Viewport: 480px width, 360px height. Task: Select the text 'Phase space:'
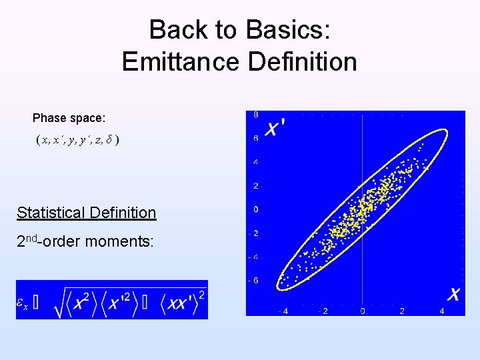[69, 118]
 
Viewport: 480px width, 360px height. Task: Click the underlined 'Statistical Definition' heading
[86, 213]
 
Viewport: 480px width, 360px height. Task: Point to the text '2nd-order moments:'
[85, 241]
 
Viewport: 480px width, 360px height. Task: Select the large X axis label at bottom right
[453, 294]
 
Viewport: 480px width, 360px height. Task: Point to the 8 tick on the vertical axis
[256, 115]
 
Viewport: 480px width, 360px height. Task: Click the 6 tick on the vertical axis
[256, 139]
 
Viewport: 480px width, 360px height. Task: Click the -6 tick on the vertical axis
[255, 281]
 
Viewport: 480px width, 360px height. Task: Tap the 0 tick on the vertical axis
[256, 209]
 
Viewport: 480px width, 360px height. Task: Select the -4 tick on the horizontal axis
[283, 311]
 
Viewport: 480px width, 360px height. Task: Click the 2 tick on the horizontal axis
[401, 311]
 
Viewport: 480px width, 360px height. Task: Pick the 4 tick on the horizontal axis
[441, 311]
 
